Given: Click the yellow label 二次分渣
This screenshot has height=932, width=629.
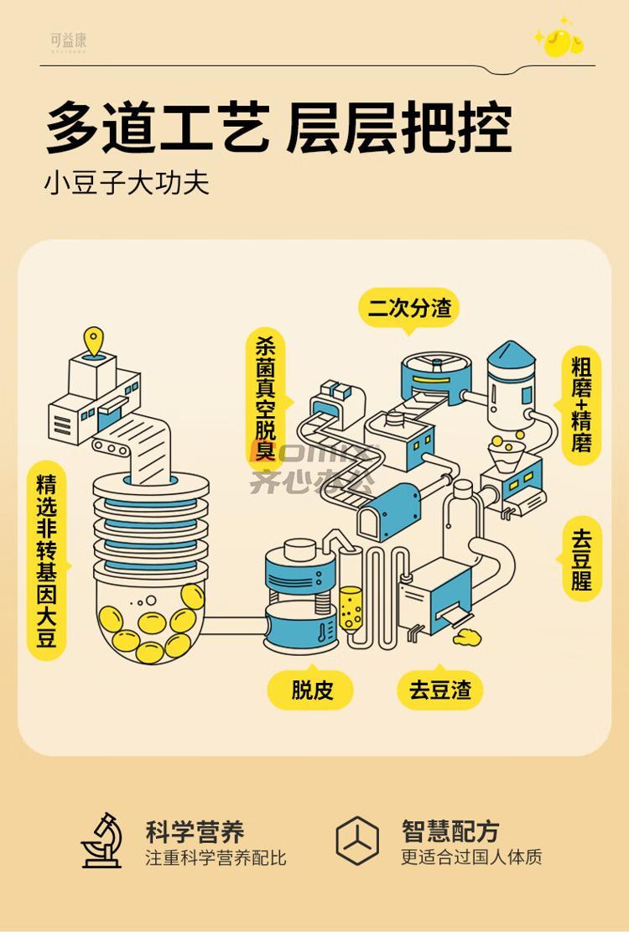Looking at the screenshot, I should click(409, 308).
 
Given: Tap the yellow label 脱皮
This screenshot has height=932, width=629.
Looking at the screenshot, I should click(311, 690).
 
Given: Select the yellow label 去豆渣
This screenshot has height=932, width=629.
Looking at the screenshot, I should click(440, 690).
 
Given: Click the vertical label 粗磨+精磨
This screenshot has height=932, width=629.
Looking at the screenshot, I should click(582, 404).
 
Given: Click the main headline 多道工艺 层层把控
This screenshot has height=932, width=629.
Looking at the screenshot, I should click(278, 128).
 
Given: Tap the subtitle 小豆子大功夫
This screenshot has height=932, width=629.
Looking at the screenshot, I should click(127, 183).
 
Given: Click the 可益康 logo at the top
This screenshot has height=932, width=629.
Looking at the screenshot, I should click(68, 40).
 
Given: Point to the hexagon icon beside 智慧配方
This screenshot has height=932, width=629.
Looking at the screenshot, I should click(357, 840).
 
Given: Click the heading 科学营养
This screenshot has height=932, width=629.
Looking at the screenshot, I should click(195, 831).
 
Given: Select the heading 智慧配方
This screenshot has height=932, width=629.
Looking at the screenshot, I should click(450, 831).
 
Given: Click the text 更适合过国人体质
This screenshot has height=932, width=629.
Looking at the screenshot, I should click(471, 857).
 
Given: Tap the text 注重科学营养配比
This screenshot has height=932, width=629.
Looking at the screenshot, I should click(216, 858).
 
